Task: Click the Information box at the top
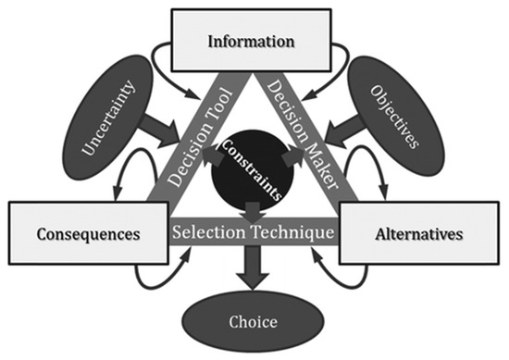click(251, 42)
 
